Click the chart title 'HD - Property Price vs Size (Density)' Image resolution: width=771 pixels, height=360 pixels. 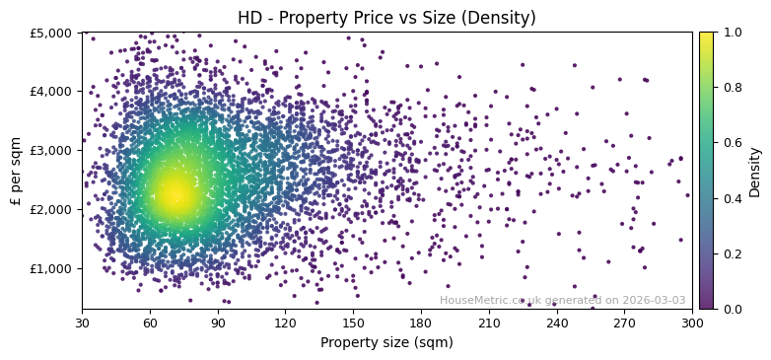[386, 18]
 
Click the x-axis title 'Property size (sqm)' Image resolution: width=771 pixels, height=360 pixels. [386, 343]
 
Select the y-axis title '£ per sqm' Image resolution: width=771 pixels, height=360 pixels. [17, 171]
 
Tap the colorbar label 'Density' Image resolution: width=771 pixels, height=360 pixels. [755, 171]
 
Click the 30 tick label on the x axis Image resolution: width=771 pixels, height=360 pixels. [82, 323]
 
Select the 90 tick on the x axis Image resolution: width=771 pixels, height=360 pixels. [218, 323]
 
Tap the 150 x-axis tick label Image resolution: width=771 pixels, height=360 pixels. [353, 323]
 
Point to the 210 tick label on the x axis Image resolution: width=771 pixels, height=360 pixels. [489, 323]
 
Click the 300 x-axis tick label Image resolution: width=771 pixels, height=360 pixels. [692, 323]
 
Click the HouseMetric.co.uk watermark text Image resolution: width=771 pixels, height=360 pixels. [562, 301]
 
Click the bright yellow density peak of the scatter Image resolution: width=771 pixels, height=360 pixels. [175, 194]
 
